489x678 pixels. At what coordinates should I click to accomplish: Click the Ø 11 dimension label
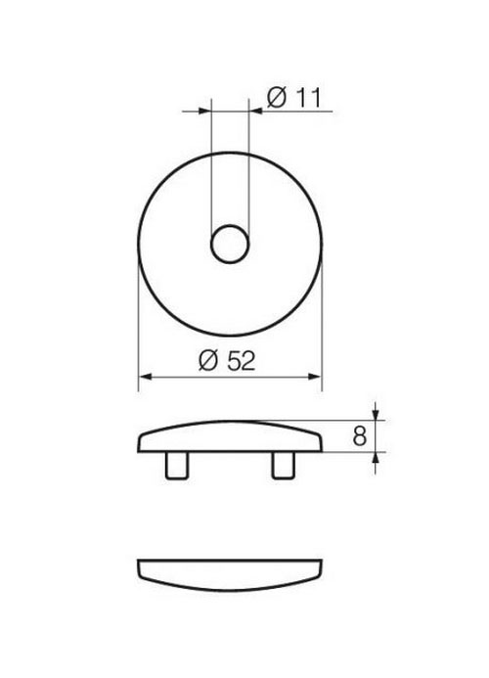coord(294,97)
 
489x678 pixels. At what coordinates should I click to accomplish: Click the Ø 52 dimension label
coord(227,361)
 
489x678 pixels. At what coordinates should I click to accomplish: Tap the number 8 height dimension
coord(360,436)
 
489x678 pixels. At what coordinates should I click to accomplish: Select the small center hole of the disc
coord(230,244)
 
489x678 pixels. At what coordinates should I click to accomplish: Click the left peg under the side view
coord(177,466)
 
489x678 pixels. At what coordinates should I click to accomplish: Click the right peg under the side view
coord(284,466)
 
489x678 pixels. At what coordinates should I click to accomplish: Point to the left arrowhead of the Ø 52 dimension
coord(146,377)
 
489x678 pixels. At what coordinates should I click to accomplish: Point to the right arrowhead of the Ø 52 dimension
coord(314,377)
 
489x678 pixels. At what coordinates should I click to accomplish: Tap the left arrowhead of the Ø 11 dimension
coord(204,112)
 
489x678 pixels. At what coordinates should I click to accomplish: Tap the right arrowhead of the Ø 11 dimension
coord(256,112)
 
